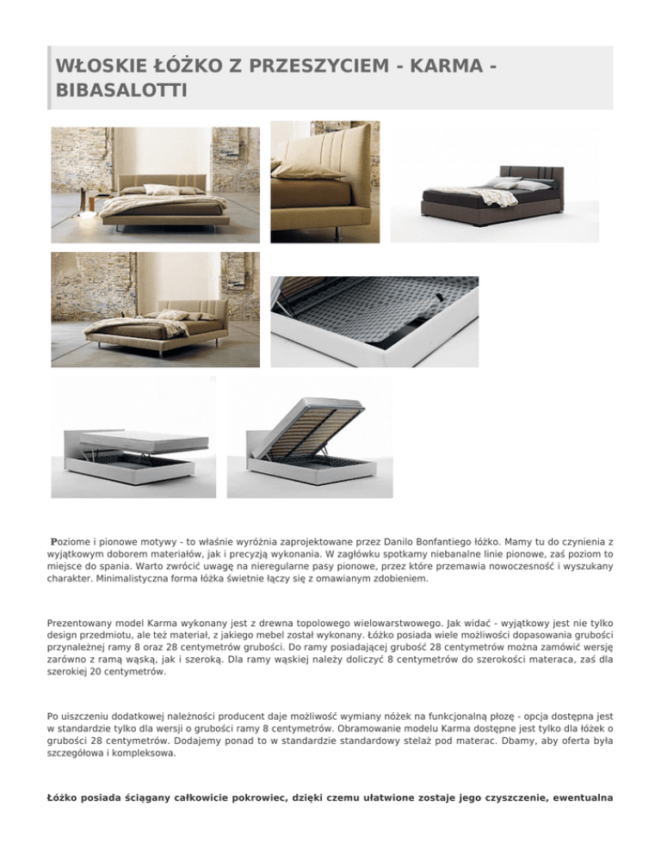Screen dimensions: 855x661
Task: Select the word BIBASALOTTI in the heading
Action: point(120,89)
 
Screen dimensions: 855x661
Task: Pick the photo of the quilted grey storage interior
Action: point(374,321)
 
